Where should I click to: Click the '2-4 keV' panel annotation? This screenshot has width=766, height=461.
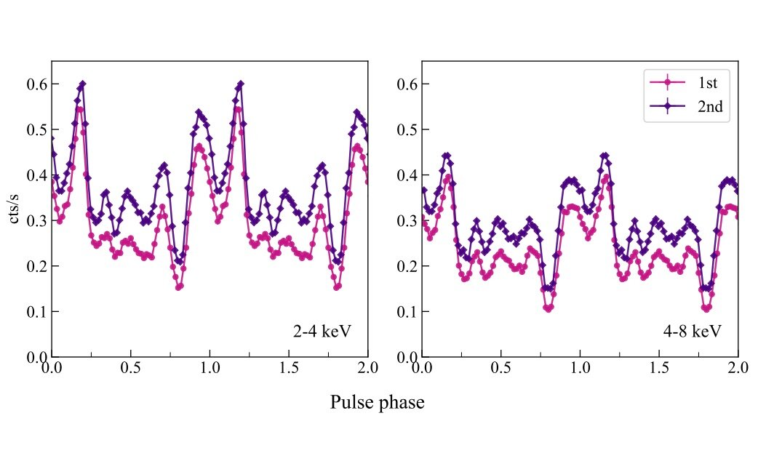click(x=322, y=332)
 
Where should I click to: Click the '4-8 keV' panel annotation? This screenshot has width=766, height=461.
click(x=693, y=332)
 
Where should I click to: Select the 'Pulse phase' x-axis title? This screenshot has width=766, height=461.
click(x=377, y=402)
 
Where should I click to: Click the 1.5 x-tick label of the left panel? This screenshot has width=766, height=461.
click(x=288, y=369)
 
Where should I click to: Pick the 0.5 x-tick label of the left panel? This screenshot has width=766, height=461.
click(x=130, y=369)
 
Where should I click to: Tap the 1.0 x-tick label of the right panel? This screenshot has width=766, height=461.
click(x=580, y=369)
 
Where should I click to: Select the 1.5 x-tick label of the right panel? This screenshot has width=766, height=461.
click(x=658, y=369)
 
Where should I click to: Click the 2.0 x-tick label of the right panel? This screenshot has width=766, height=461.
click(x=738, y=369)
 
